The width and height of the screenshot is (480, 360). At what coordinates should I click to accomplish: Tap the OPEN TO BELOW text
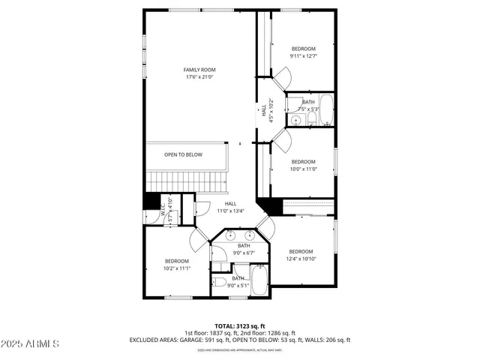point(183,154)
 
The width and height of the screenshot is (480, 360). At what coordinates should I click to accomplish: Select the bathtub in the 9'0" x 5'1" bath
point(259,283)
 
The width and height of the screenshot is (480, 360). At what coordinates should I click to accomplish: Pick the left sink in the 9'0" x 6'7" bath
point(231,235)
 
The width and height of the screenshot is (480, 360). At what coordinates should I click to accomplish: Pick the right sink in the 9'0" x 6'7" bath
point(250,235)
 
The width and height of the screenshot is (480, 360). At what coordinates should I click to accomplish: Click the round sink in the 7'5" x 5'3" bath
point(296,119)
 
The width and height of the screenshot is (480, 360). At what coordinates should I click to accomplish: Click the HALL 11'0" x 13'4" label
point(230,207)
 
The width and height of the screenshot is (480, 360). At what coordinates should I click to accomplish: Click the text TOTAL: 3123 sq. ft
point(240,325)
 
